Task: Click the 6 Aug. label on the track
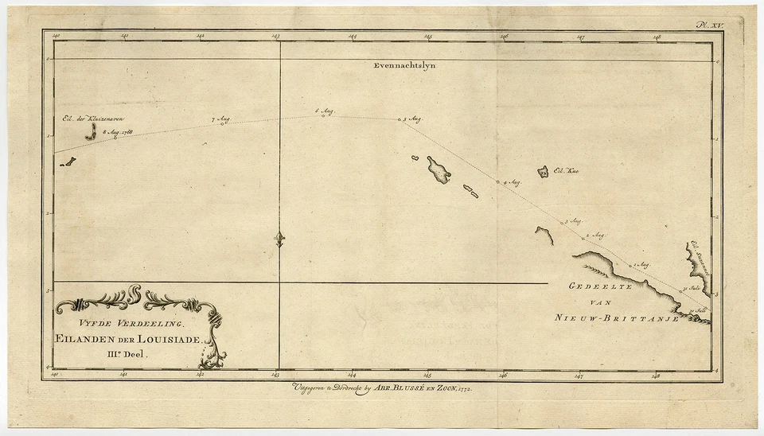(325, 111)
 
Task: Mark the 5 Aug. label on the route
(411, 119)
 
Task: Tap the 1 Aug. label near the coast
(641, 263)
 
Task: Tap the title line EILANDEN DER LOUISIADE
(132, 339)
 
